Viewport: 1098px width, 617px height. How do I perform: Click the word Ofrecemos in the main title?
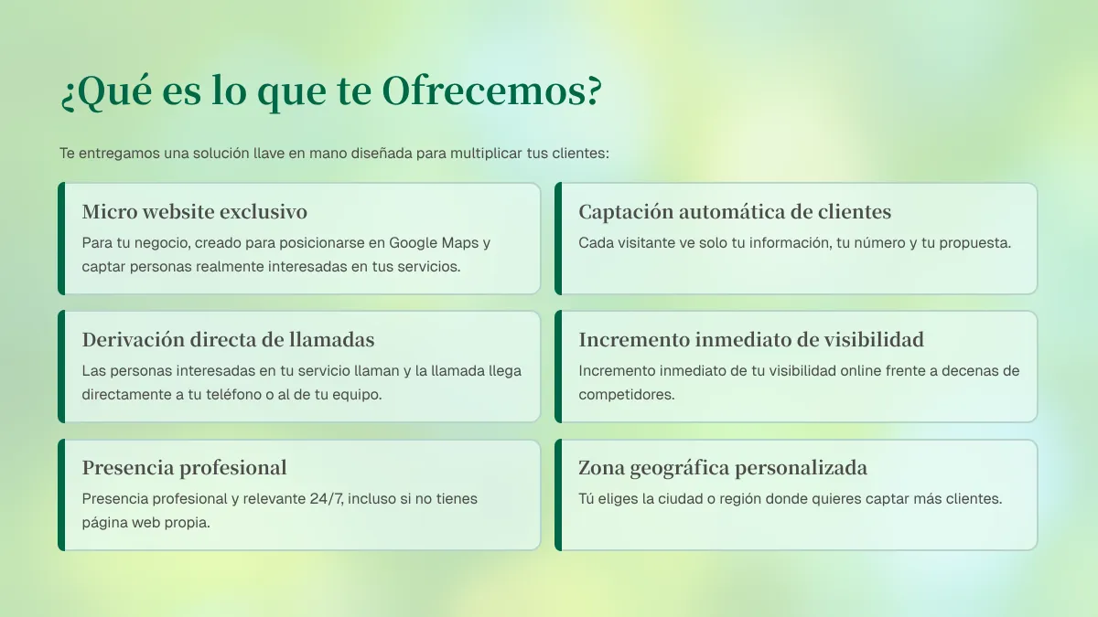pyautogui.click(x=491, y=91)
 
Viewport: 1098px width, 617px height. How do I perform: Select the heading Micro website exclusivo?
pyautogui.click(x=195, y=211)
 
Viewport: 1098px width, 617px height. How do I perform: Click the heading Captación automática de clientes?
pyautogui.click(x=735, y=211)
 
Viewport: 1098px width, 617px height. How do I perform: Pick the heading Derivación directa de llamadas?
pyautogui.click(x=228, y=339)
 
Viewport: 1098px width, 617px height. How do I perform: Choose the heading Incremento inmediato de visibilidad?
pyautogui.click(x=751, y=339)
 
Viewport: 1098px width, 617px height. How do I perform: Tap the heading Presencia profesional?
pyautogui.click(x=184, y=468)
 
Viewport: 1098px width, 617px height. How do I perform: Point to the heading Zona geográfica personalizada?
pyautogui.click(x=723, y=468)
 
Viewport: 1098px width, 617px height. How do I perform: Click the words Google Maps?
pyautogui.click(x=434, y=243)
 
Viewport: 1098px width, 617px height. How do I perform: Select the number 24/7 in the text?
pyautogui.click(x=327, y=499)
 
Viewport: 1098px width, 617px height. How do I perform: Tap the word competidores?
pyautogui.click(x=627, y=395)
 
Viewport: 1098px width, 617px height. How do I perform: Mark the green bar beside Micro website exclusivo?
pyautogui.click(x=61, y=239)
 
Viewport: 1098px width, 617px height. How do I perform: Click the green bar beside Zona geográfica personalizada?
pyautogui.click(x=558, y=495)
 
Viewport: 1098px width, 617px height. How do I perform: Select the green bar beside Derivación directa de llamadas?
pyautogui.click(x=61, y=367)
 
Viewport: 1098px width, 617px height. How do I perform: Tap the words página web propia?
pyautogui.click(x=146, y=523)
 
